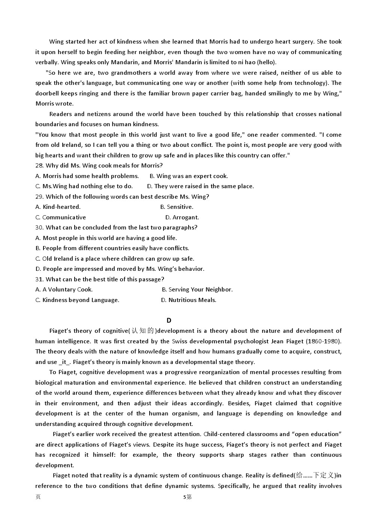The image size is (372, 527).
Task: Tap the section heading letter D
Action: pyautogui.click(x=169, y=320)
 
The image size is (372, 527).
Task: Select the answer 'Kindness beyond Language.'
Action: pyautogui.click(x=81, y=300)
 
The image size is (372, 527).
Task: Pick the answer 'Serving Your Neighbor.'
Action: pyautogui.click(x=200, y=290)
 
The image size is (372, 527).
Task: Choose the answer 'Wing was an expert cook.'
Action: pyautogui.click(x=192, y=176)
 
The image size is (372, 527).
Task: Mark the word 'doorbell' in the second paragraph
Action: pyautogui.click(x=47, y=94)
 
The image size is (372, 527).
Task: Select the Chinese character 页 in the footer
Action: pyautogui.click(x=38, y=497)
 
